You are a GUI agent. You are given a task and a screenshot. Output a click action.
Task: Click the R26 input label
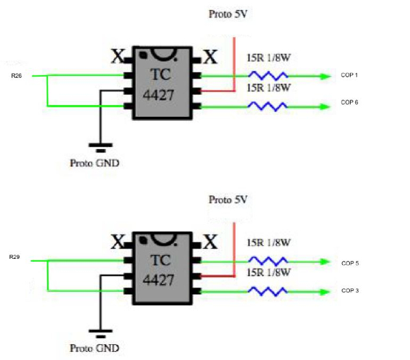pos(17,75)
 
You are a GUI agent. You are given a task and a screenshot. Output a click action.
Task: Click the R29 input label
pos(14,258)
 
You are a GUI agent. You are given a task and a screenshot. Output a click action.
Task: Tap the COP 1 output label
pos(349,74)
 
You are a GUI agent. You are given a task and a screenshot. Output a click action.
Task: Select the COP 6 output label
pos(349,102)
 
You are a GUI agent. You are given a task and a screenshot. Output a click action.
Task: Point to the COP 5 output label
pos(350,262)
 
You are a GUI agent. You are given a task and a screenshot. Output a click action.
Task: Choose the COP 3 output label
pos(350,291)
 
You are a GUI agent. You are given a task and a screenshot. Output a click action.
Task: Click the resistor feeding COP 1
pos(267,75)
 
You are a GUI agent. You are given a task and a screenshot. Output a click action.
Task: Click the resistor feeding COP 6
pos(267,106)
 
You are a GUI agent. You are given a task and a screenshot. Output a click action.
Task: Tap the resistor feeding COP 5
pos(267,261)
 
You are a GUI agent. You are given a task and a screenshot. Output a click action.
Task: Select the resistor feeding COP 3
pos(267,291)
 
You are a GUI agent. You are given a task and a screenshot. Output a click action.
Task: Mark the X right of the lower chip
pos(210,241)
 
